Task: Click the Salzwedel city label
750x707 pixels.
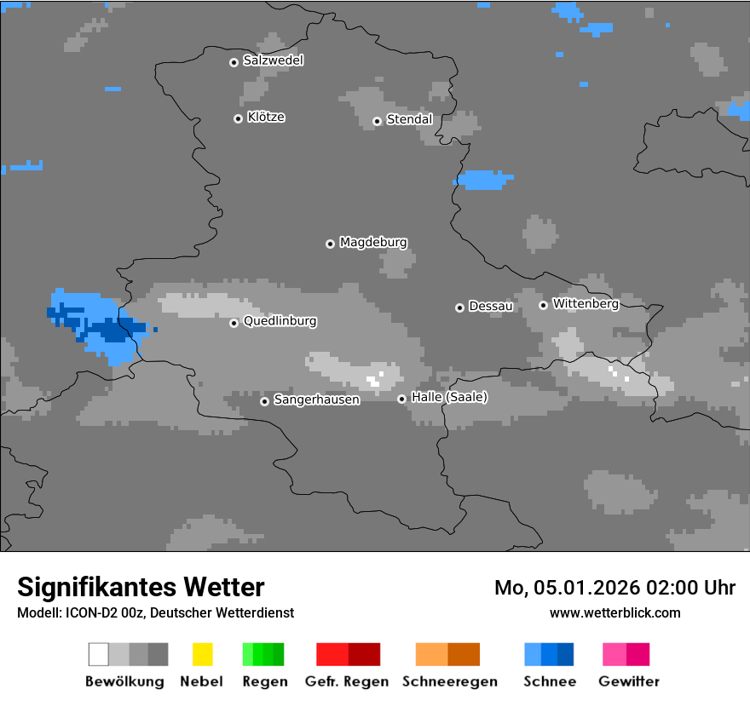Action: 273,60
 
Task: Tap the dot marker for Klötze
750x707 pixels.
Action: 238,118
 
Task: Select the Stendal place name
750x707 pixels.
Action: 409,119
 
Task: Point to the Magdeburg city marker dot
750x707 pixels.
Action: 330,244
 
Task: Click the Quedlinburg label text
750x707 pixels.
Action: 280,321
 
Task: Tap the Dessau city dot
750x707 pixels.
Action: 459,308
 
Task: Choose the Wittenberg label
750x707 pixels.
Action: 585,303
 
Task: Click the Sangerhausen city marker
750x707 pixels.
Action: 264,401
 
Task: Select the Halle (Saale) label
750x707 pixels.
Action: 449,397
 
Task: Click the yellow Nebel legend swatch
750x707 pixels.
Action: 202,654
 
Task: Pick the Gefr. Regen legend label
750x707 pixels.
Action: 346,681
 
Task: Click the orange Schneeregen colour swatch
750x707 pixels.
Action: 447,654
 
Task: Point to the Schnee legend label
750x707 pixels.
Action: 549,681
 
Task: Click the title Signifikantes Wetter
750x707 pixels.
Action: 141,587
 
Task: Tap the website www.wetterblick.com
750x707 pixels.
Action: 614,612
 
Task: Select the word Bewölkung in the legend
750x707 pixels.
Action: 124,681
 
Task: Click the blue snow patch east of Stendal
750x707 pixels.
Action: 483,180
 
